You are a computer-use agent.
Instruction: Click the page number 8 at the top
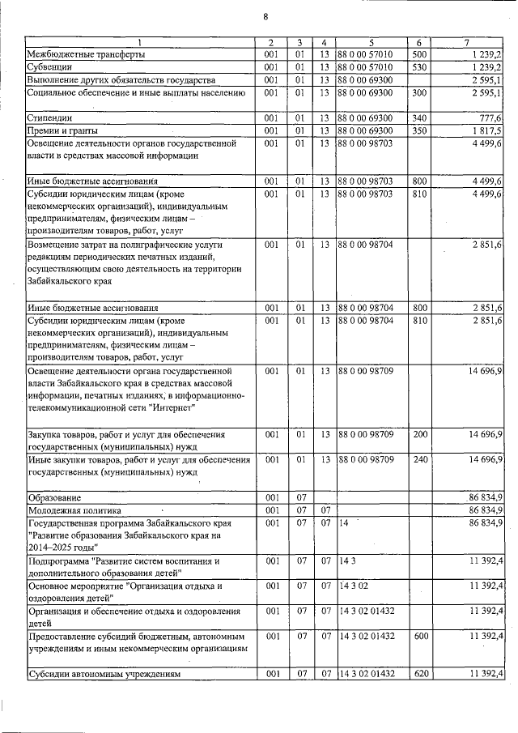click(265, 18)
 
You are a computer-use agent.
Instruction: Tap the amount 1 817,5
click(486, 130)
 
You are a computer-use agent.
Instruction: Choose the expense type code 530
click(418, 67)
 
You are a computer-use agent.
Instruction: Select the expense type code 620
click(418, 674)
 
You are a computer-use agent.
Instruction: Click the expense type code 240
click(418, 460)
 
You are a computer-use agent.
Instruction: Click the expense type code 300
click(418, 93)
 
